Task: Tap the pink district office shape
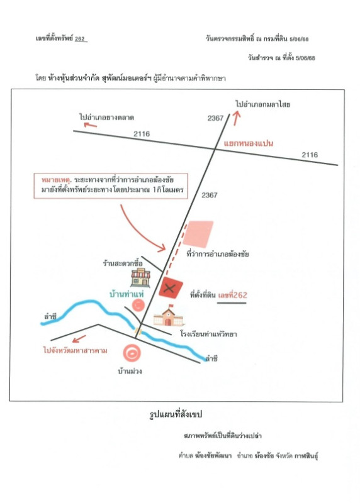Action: (x=198, y=234)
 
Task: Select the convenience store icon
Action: (x=140, y=278)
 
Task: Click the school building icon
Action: (x=168, y=316)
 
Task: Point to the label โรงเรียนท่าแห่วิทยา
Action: (x=208, y=334)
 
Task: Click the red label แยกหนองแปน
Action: (x=248, y=143)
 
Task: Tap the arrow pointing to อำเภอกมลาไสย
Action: (x=237, y=118)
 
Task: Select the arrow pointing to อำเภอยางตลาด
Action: (x=90, y=124)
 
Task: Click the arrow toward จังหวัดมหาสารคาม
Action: (x=79, y=339)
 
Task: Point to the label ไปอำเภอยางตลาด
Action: (x=106, y=117)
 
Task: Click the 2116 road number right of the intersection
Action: (x=310, y=155)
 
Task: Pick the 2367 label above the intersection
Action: (x=215, y=118)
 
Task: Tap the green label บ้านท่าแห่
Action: (x=127, y=294)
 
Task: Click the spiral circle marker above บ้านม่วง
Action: (x=132, y=353)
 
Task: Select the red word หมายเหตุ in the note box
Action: (x=55, y=180)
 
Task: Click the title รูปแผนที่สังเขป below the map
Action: (x=176, y=414)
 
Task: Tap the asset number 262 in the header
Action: (x=80, y=39)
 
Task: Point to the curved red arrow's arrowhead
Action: (x=162, y=247)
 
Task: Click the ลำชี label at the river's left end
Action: (x=50, y=317)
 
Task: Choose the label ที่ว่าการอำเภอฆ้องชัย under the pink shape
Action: (x=218, y=254)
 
